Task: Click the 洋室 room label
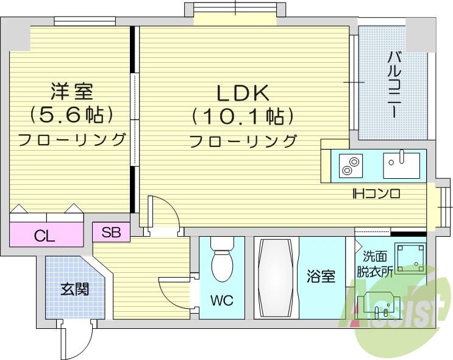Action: click(x=71, y=92)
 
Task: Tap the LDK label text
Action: click(x=243, y=93)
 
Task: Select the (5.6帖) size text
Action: click(x=71, y=114)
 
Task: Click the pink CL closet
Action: click(x=46, y=236)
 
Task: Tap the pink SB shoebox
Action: click(x=111, y=232)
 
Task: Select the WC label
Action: click(x=221, y=301)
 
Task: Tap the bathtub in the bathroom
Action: click(x=276, y=277)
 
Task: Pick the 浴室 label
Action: click(x=321, y=276)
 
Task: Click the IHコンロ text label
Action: click(x=376, y=195)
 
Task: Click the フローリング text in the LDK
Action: click(x=243, y=141)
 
